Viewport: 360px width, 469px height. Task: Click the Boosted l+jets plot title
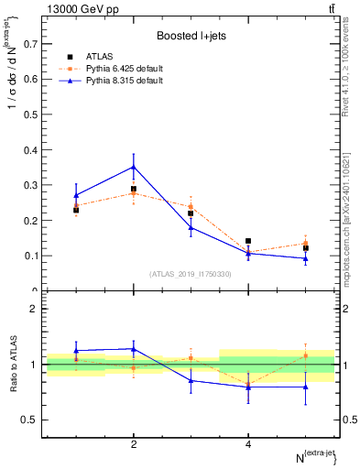click(191, 36)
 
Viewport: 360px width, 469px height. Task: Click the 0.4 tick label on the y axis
click(31, 149)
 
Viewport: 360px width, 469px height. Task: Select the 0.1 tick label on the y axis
click(31, 256)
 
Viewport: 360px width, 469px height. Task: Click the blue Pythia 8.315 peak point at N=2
click(134, 167)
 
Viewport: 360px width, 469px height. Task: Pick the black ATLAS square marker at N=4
click(248, 241)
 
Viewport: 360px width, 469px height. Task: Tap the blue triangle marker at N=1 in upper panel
click(76, 195)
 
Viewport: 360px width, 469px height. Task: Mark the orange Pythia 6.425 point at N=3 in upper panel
click(191, 206)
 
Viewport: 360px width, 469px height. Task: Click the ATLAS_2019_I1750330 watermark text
click(191, 274)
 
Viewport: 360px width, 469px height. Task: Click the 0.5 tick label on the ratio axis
click(29, 420)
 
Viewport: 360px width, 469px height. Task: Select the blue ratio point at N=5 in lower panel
click(305, 387)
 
